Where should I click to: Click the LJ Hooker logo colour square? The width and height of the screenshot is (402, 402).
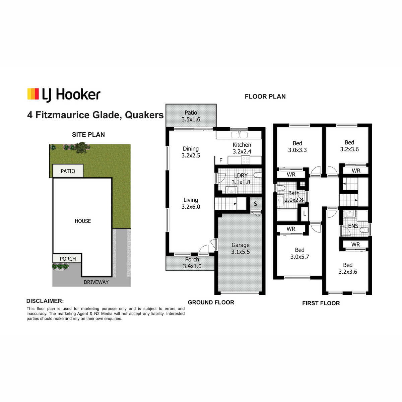tap(33, 94)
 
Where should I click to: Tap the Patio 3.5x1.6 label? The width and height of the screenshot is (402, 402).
tap(191, 116)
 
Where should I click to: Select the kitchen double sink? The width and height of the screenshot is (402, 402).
tap(239, 135)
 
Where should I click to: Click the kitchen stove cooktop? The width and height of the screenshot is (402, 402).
tap(246, 160)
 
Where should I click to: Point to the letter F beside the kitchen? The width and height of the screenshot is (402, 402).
tap(221, 160)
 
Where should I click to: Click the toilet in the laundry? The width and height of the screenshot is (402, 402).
tap(258, 175)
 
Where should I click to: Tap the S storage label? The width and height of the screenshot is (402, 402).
tap(256, 204)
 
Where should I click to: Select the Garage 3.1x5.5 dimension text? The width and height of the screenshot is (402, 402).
tap(240, 249)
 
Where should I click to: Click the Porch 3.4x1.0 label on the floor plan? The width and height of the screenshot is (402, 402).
tap(192, 263)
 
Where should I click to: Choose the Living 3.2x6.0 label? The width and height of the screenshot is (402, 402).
tap(191, 203)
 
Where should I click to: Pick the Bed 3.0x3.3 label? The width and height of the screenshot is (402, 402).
tap(297, 147)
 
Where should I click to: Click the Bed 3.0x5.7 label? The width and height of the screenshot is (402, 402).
tap(299, 253)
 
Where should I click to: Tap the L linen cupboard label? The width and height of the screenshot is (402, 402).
tap(305, 214)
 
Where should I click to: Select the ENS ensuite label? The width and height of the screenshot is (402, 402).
tap(353, 226)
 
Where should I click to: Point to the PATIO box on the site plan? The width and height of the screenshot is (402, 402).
tap(68, 171)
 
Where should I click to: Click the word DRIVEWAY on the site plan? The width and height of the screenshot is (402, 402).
tap(96, 282)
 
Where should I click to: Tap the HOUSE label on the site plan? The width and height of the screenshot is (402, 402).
tap(83, 221)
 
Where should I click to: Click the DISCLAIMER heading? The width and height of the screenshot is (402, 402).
tap(45, 301)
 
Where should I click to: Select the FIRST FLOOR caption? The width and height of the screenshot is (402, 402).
tap(321, 303)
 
